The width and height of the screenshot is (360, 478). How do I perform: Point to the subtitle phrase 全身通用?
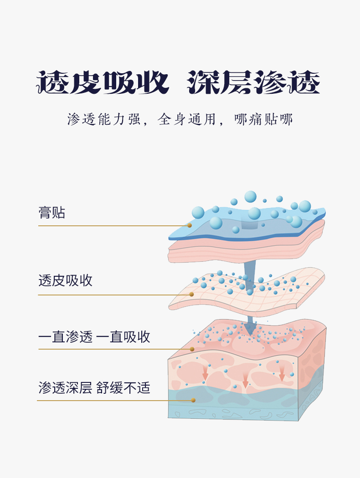(186, 120)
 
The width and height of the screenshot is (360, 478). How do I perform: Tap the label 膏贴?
(51, 213)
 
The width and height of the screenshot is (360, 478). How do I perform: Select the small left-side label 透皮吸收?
(65, 280)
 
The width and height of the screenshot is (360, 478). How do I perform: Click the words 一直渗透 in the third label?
(65, 337)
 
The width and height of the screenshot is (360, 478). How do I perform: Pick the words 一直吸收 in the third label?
(123, 337)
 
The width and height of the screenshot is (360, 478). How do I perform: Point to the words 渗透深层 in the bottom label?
(65, 388)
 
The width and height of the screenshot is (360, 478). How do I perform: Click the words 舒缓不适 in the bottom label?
(123, 388)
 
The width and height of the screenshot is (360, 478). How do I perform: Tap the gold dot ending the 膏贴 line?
(190, 225)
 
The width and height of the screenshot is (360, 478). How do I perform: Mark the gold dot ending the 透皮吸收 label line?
(191, 295)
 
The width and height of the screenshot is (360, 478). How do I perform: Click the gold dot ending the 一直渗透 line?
(192, 349)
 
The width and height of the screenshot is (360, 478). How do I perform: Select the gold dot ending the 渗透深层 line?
(193, 400)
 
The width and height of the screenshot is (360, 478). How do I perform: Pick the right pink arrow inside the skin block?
(282, 374)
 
